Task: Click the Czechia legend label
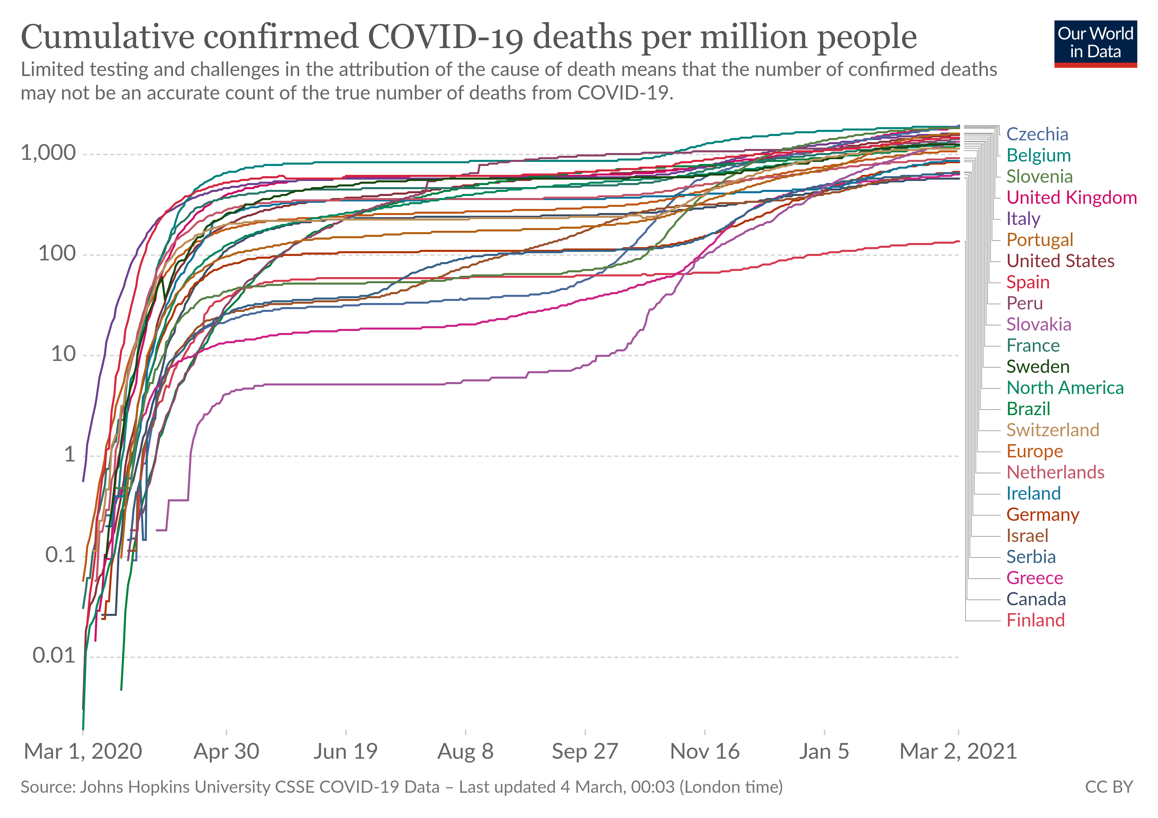(x=1037, y=134)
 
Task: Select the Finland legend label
(x=1035, y=620)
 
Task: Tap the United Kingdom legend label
(x=1071, y=198)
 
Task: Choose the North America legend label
(x=1065, y=388)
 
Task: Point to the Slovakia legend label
(x=1038, y=324)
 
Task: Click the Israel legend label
(x=1027, y=536)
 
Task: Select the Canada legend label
(x=1036, y=600)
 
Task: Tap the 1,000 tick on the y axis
(x=48, y=153)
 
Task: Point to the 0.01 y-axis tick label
(x=54, y=656)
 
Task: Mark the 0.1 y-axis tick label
(x=60, y=556)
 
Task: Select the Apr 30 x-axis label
(x=226, y=752)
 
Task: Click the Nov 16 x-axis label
(x=705, y=752)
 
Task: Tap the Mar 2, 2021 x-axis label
(x=958, y=752)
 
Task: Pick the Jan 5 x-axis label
(x=824, y=752)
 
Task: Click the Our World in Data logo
(x=1095, y=44)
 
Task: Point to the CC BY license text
(x=1109, y=787)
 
